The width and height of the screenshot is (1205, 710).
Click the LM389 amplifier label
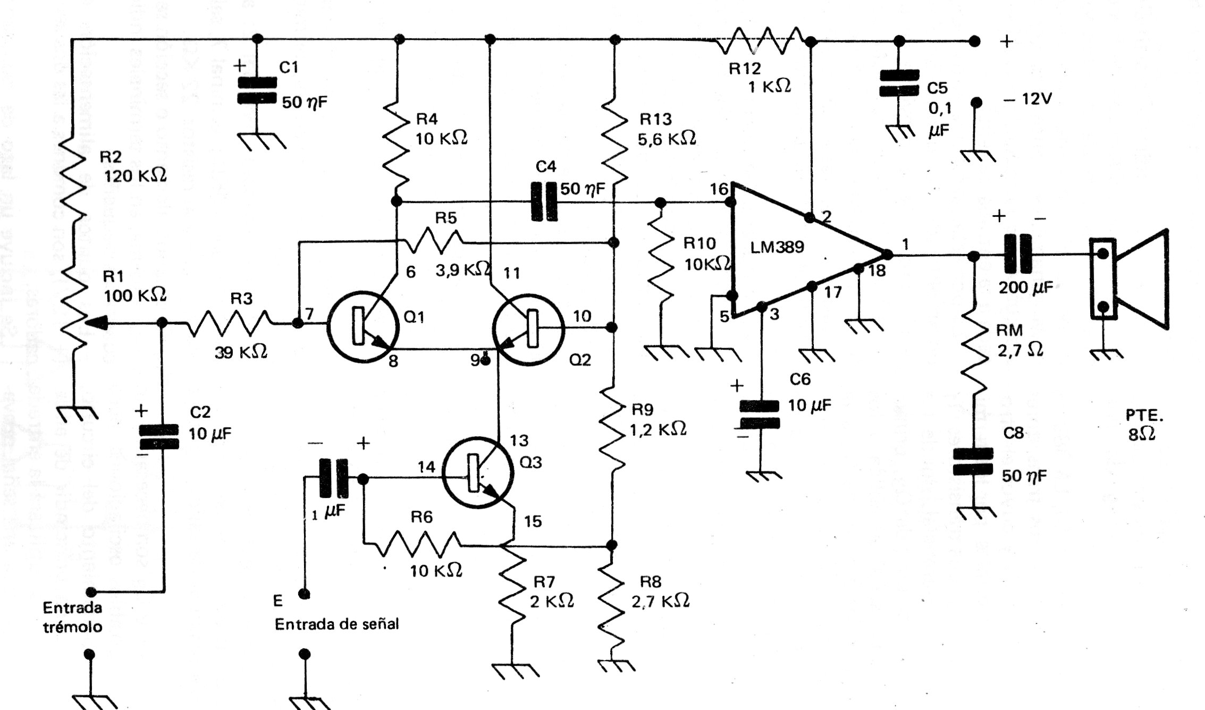click(777, 247)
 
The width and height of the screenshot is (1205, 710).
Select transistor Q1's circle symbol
click(364, 326)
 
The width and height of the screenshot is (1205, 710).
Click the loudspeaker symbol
click(1129, 278)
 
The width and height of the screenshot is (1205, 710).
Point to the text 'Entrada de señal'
click(336, 624)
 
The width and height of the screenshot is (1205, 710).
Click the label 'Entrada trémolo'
click(72, 617)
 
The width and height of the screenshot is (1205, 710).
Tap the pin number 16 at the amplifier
click(719, 189)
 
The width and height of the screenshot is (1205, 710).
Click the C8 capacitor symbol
click(973, 461)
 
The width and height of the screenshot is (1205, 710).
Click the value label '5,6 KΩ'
click(667, 139)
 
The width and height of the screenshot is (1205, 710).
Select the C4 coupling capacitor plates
click(544, 202)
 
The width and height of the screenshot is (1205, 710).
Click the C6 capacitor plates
click(760, 415)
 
